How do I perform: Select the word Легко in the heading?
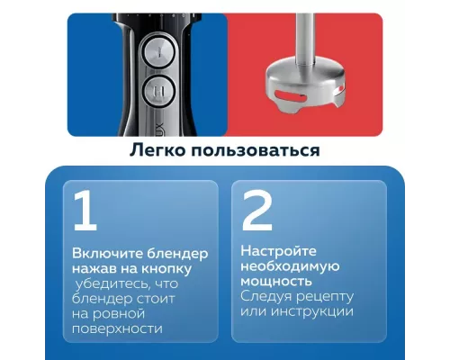(x=161, y=149)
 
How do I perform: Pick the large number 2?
(x=256, y=211)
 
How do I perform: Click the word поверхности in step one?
(x=117, y=328)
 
